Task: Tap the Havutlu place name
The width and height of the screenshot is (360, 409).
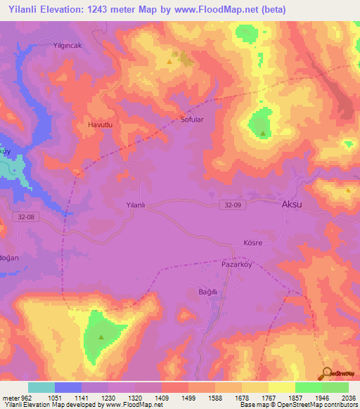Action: (x=100, y=124)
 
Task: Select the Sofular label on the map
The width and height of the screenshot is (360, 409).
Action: (x=192, y=119)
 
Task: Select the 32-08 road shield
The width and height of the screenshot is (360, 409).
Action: (x=25, y=217)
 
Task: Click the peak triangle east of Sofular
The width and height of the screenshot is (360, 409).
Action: (x=263, y=133)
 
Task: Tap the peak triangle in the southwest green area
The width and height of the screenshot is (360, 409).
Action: (x=101, y=337)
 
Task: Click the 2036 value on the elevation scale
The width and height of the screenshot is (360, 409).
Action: (x=349, y=397)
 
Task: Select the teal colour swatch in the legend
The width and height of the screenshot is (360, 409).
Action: (x=41, y=387)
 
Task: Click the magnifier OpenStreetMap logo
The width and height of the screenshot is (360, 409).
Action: (x=327, y=372)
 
